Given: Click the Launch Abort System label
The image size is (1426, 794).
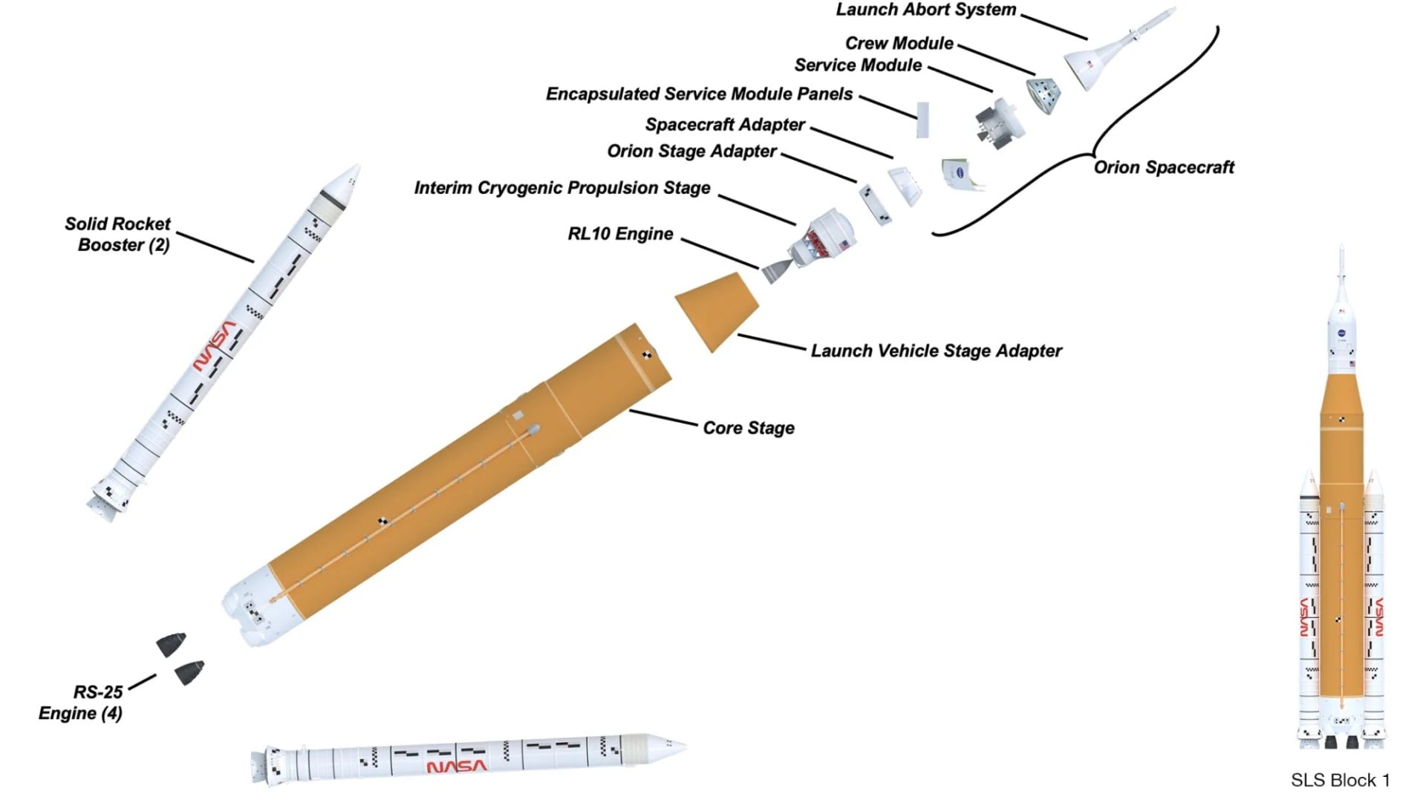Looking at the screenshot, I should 925,10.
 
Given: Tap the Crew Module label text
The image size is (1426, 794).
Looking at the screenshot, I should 899,44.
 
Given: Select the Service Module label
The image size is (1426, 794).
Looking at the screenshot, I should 858,66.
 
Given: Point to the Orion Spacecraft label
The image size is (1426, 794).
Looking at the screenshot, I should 1163,168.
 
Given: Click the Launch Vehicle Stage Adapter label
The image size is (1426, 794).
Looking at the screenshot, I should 936,351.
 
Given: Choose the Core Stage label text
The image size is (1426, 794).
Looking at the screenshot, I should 748,429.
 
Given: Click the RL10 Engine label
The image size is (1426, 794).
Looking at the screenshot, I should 620,235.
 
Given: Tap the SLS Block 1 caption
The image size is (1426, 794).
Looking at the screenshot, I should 1340,781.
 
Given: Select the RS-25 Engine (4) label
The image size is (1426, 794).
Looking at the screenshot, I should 81,703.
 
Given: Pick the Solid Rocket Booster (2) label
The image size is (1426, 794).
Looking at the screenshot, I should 117,235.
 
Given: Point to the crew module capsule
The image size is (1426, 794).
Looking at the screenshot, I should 1044,94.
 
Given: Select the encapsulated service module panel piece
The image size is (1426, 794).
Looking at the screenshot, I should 922,120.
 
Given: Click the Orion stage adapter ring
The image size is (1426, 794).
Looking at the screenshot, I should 876,204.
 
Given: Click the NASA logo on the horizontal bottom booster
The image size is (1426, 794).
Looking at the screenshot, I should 457,766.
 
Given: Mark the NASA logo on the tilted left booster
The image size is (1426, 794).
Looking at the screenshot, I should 214,346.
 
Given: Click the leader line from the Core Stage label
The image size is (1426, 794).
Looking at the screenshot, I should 663,418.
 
